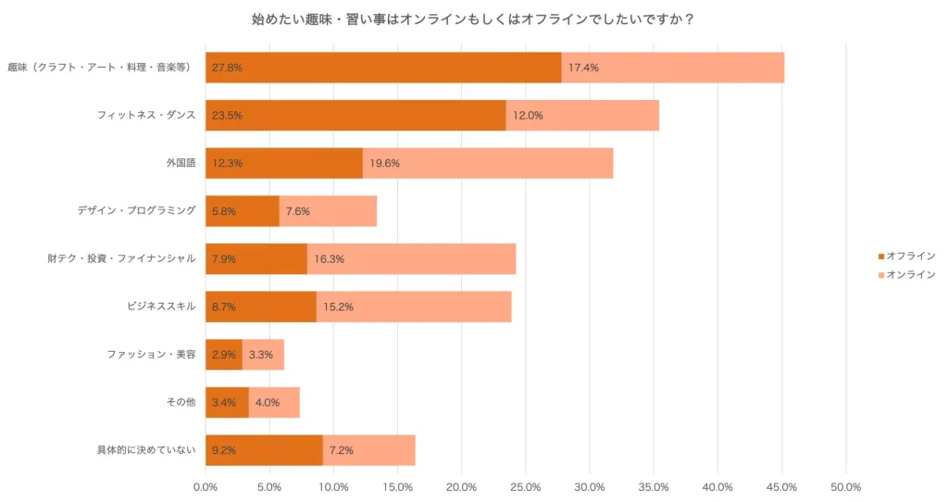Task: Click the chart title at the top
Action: point(473,19)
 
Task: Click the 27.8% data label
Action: point(228,68)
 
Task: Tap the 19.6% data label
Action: point(385,163)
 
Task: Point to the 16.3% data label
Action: point(330,259)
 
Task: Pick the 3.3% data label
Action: point(261,355)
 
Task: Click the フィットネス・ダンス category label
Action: point(146,116)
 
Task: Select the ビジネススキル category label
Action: point(161,307)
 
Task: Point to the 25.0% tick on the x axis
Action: point(525,487)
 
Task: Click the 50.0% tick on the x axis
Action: point(845,487)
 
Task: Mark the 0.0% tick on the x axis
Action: point(206,487)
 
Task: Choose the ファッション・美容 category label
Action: point(151,355)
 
